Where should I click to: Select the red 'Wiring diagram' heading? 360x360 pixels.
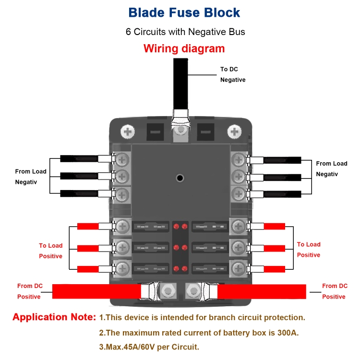[184, 48]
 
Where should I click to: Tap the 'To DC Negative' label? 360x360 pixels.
[233, 74]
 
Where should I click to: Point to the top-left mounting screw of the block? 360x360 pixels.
[128, 131]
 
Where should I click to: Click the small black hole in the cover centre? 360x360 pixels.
[180, 178]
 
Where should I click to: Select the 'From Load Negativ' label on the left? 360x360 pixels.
[31, 177]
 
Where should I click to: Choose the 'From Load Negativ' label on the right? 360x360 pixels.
[331, 169]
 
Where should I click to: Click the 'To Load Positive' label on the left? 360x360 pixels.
[50, 251]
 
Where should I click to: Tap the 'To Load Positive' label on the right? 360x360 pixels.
[309, 250]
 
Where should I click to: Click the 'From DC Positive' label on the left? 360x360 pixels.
[30, 291]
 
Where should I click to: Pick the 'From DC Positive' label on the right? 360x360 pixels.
[334, 291]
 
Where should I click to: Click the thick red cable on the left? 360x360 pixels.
[96, 291]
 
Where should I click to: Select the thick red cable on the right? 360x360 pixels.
[262, 291]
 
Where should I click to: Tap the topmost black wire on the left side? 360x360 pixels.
[79, 159]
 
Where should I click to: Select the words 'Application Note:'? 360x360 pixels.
[54, 317]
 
